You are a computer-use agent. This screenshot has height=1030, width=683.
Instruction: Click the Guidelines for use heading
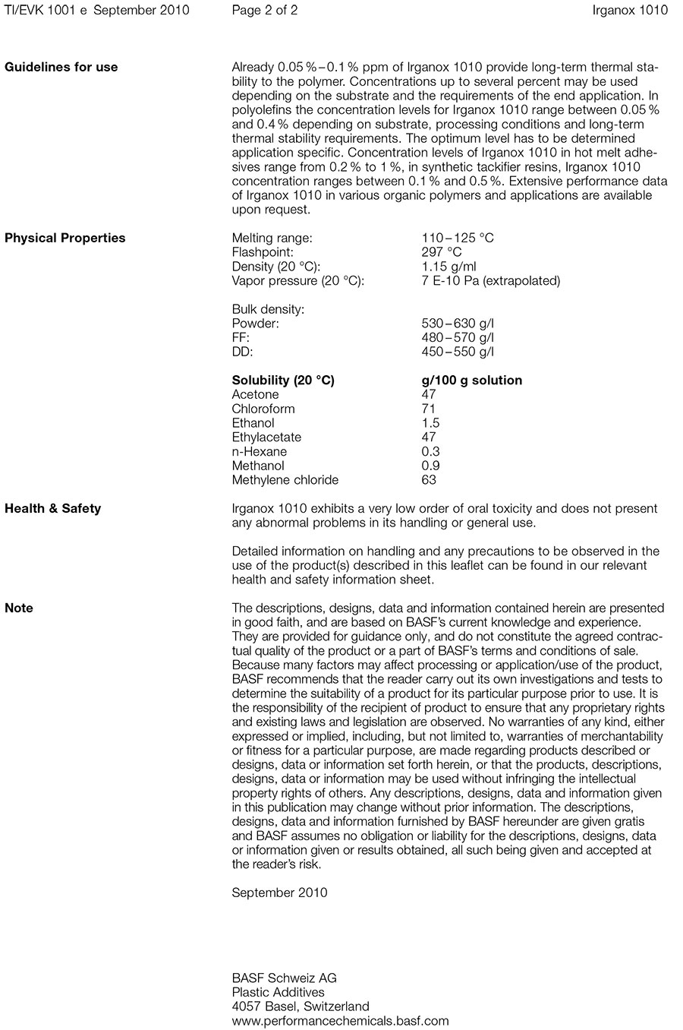[61, 67]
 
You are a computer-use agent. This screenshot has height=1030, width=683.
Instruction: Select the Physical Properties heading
[65, 238]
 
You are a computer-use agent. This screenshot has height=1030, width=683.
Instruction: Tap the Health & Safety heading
[53, 508]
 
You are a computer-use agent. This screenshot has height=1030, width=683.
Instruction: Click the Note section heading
[19, 608]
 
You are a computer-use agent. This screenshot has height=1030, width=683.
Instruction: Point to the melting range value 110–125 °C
[457, 238]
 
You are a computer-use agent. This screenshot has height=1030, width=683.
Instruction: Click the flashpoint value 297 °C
[441, 252]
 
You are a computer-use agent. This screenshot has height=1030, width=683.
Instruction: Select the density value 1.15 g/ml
[449, 267]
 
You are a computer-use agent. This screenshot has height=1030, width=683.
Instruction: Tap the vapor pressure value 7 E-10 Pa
[490, 281]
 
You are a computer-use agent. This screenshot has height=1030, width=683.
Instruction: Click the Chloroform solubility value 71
[429, 409]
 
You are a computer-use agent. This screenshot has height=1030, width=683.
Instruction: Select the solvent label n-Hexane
[260, 452]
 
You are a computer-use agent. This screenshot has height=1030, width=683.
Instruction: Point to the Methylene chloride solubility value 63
[429, 480]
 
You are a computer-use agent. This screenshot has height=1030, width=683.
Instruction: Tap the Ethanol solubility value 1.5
[430, 423]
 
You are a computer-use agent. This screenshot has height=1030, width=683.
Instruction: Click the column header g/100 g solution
[471, 381]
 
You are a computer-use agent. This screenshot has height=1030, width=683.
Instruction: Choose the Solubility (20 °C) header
[283, 381]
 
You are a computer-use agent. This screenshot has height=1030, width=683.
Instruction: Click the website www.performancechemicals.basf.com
[340, 1021]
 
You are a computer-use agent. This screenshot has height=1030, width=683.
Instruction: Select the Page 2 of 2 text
[264, 10]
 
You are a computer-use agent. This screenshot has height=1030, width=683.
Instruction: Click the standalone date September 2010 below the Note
[279, 893]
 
